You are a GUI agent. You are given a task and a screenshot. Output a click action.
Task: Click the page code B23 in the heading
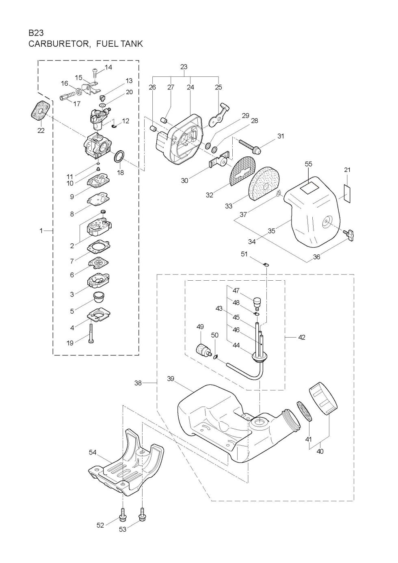[36, 33]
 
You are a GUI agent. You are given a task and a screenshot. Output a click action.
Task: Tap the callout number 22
[41, 130]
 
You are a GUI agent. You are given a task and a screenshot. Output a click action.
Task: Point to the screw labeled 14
[95, 72]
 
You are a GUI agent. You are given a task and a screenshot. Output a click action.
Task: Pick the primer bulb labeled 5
[99, 298]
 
